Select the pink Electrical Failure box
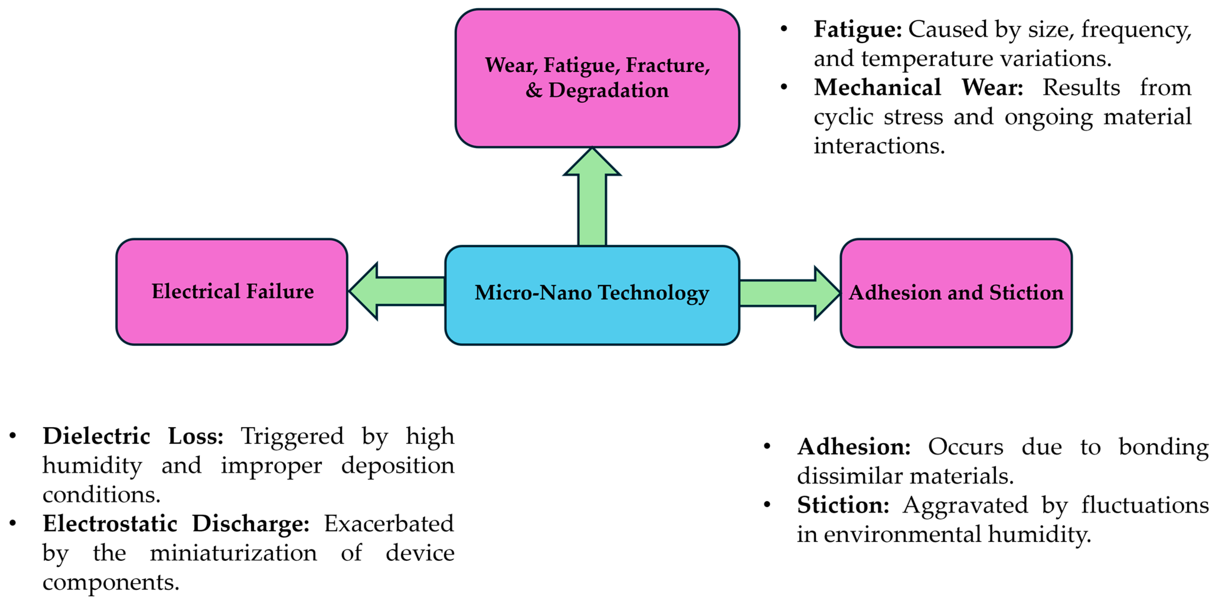tap(232, 292)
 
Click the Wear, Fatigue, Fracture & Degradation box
tap(597, 78)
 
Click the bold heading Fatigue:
tap(857, 30)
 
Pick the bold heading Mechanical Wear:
tap(918, 88)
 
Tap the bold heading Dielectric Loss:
tap(133, 436)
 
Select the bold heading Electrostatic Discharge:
tap(176, 524)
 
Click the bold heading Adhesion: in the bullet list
tap(853, 447)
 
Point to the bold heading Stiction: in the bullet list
tap(842, 505)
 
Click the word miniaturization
tap(233, 553)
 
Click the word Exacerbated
tap(389, 524)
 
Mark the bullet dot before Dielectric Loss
tap(13, 436)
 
